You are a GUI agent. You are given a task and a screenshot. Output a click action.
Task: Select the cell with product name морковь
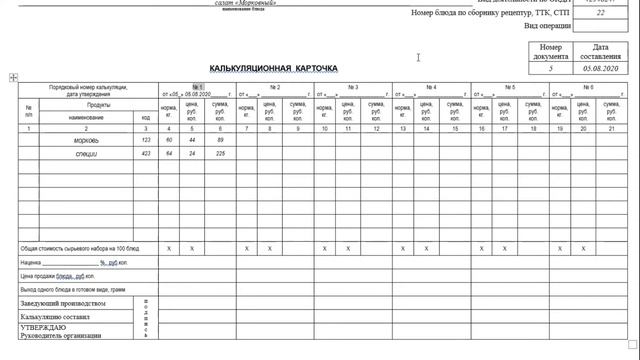(x=86, y=140)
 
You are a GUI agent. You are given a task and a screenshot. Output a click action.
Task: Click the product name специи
(x=86, y=153)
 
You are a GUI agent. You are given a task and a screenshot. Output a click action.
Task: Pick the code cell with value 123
(x=146, y=140)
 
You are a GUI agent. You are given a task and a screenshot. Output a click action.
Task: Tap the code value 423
(x=146, y=153)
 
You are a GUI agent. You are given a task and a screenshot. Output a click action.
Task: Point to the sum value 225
(x=221, y=153)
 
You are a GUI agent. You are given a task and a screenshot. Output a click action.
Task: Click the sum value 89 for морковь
(x=221, y=140)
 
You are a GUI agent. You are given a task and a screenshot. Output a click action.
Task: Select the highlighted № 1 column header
(x=197, y=87)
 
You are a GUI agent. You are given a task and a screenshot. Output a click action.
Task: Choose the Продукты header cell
(x=98, y=105)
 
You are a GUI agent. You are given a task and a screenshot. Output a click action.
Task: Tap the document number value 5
(x=551, y=68)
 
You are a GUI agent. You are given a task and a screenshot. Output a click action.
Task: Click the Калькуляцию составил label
(x=56, y=316)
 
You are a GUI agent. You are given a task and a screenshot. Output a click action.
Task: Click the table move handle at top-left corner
(x=13, y=77)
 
